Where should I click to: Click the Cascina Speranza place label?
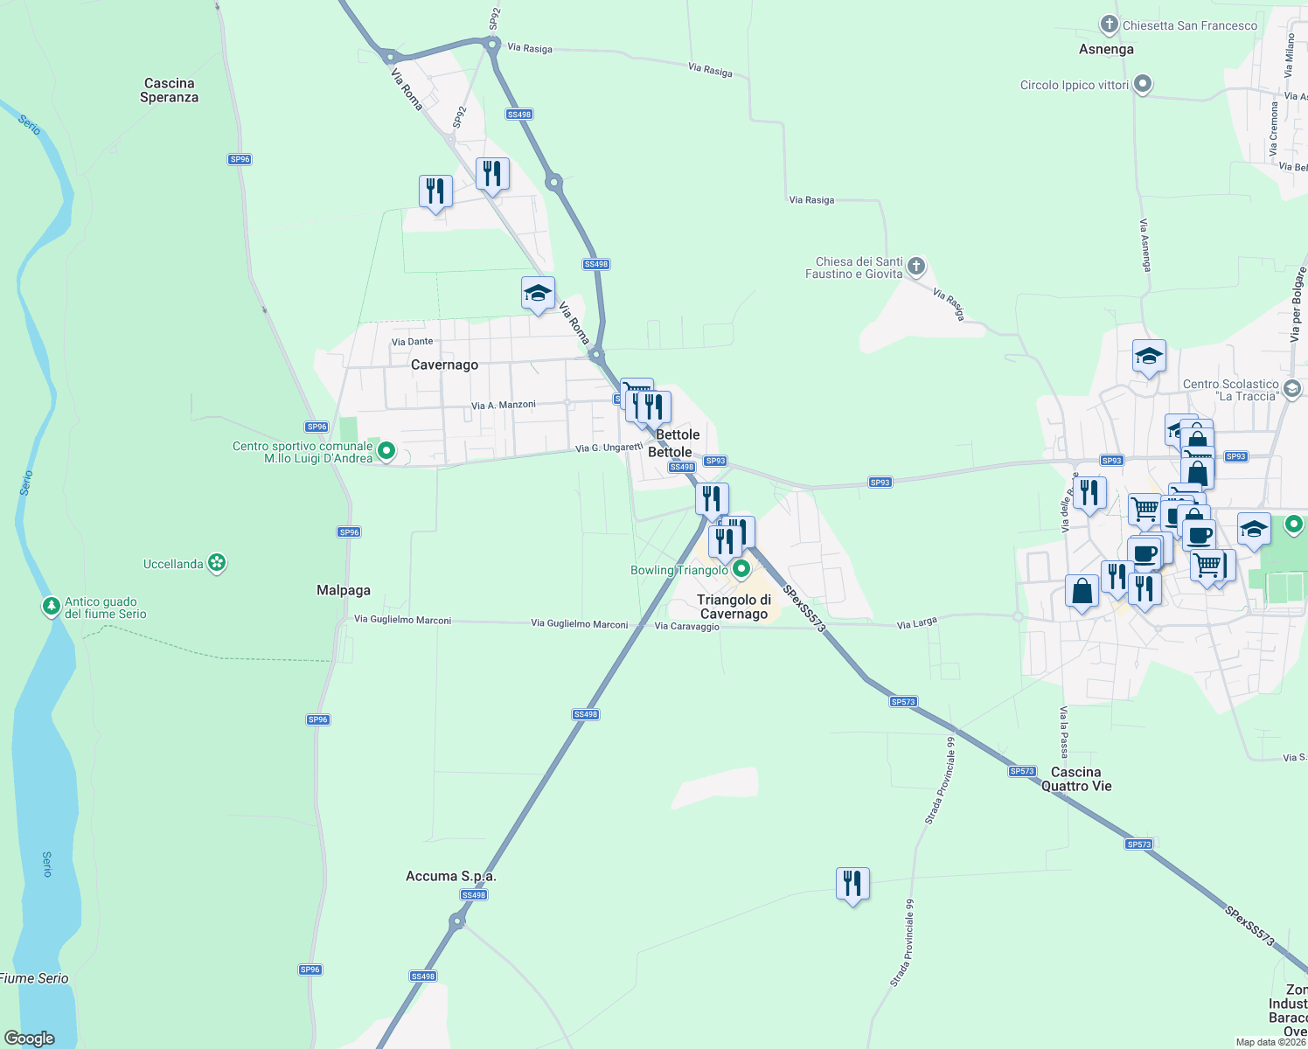tap(169, 90)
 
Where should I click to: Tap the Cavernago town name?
tap(444, 365)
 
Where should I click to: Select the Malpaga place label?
tap(344, 590)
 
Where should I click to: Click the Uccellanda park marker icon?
tap(218, 564)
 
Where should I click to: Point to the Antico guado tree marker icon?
tap(52, 606)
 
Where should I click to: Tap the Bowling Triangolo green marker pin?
tap(741, 570)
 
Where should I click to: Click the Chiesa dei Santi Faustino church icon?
tap(915, 266)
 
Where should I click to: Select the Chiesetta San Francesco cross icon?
tap(1110, 24)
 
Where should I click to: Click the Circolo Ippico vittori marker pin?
tap(1143, 85)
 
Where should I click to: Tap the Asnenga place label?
tap(1106, 49)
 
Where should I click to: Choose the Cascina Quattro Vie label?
tap(1076, 779)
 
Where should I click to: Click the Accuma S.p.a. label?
tap(450, 876)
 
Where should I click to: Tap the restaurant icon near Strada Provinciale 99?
tap(852, 884)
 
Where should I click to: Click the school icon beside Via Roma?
tap(538, 294)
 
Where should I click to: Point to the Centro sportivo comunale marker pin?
tap(386, 451)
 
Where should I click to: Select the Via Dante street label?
tap(412, 342)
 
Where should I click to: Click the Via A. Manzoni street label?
tap(503, 405)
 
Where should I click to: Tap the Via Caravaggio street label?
tap(686, 626)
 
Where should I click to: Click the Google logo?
tap(30, 1038)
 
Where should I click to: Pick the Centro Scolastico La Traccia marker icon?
tap(1293, 388)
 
